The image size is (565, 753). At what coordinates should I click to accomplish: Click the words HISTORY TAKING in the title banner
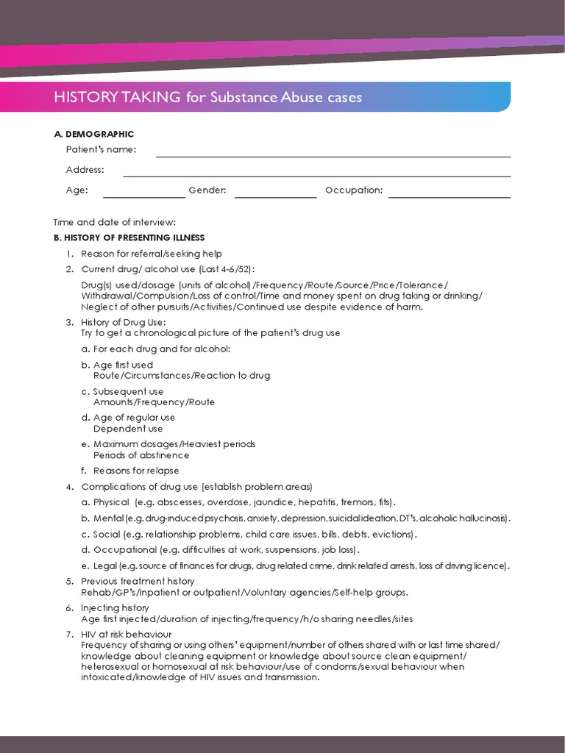tap(117, 97)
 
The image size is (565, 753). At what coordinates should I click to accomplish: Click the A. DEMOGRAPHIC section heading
tap(93, 134)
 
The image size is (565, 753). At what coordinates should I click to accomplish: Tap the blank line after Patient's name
tap(333, 152)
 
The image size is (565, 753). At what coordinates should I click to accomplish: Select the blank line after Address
tap(316, 171)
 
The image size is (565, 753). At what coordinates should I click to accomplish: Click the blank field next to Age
tap(144, 193)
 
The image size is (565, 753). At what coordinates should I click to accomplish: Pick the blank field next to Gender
tap(275, 193)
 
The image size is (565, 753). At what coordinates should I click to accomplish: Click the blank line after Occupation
tap(449, 193)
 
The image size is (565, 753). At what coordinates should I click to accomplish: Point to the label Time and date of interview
tap(115, 222)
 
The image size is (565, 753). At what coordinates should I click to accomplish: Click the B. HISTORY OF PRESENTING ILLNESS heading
tap(129, 238)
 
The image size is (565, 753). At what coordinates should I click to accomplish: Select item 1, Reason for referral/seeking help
tap(152, 254)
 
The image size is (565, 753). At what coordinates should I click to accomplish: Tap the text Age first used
tap(123, 365)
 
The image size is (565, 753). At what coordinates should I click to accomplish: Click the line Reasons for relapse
tap(136, 471)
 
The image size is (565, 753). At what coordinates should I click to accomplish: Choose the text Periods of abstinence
tap(141, 455)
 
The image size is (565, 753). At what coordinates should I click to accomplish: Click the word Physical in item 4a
tap(111, 502)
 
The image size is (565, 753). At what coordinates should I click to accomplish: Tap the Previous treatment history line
tap(138, 582)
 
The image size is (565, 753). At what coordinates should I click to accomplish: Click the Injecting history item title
tap(115, 608)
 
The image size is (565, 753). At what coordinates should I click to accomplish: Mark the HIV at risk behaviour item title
tap(126, 634)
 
